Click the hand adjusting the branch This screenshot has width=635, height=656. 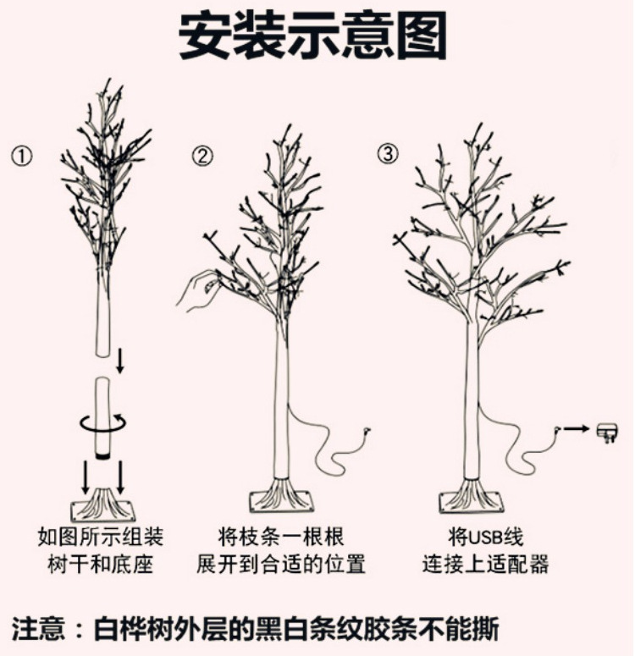click(196, 289)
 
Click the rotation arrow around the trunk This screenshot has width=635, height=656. click(102, 421)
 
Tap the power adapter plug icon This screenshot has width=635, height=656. click(608, 432)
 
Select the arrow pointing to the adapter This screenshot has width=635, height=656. click(576, 429)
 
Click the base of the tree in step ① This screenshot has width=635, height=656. click(102, 505)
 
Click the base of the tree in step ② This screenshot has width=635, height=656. click(282, 497)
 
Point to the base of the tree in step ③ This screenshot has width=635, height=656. click(471, 497)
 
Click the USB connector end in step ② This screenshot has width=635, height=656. click(367, 432)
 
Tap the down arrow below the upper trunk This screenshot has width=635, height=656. click(120, 361)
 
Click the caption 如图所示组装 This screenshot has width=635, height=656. click(101, 537)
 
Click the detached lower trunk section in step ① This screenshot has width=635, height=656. click(102, 415)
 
